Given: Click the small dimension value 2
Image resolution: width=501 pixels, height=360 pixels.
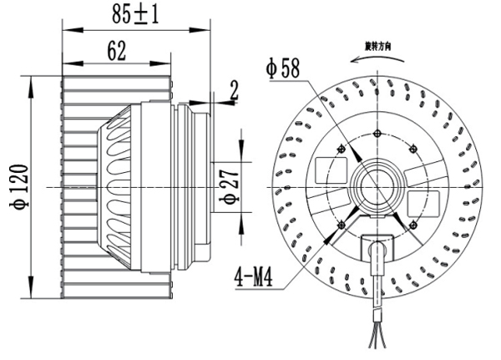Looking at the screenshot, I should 233,90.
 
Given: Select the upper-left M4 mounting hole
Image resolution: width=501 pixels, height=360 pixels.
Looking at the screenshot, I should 341,150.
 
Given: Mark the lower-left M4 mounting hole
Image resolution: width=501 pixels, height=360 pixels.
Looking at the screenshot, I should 342,223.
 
